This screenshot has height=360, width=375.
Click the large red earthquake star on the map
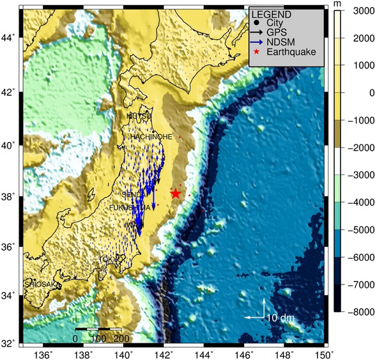(176, 194)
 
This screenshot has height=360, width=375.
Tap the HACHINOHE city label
(151, 137)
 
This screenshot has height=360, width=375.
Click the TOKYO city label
(109, 259)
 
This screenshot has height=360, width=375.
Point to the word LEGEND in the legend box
(272, 15)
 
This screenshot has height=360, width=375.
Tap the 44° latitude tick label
(9, 38)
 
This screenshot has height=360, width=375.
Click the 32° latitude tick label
(9, 343)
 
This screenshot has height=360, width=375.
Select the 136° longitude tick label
(42, 354)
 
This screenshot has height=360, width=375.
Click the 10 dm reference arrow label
(280, 318)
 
